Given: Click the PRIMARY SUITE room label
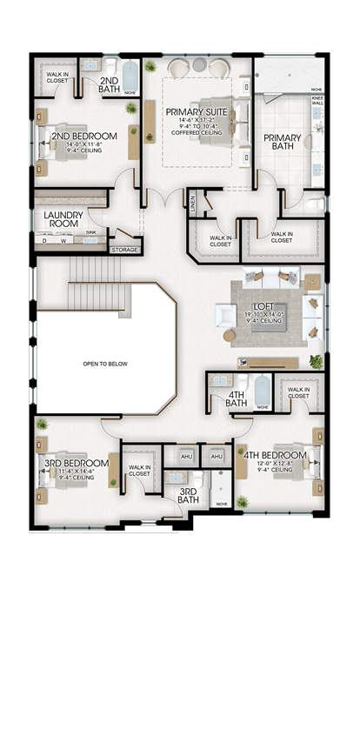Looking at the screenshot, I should tap(197, 111).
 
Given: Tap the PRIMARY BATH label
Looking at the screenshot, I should tap(283, 143).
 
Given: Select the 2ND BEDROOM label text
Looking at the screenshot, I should tap(83, 137).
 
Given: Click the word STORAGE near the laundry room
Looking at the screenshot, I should tap(123, 250).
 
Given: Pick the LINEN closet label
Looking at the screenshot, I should tap(194, 203).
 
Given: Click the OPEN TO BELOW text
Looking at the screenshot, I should tap(105, 364).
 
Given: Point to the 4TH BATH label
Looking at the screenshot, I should tap(237, 398).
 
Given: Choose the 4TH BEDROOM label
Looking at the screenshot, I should tap(275, 455).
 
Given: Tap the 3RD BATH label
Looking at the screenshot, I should tap(189, 495).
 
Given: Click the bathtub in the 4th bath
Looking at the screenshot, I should tap(258, 387).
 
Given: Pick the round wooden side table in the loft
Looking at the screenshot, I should tap(230, 336).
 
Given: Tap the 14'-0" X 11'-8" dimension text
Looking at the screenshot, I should tap(83, 144).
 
